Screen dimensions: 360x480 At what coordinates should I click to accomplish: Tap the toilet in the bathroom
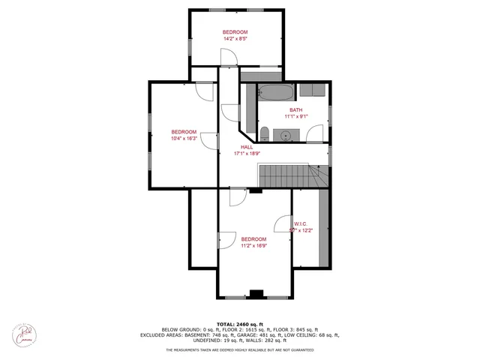[265, 134]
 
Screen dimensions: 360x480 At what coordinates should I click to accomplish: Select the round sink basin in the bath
[286, 135]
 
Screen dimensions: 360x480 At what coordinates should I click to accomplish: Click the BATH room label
[296, 109]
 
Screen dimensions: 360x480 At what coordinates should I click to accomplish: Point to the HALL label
[246, 147]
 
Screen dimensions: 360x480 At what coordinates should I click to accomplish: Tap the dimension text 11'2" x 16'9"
[254, 245]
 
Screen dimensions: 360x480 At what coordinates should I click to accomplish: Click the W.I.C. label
[301, 223]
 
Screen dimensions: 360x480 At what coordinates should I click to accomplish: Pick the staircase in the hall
[289, 177]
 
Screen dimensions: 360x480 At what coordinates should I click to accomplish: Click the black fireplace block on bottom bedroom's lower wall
[256, 293]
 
